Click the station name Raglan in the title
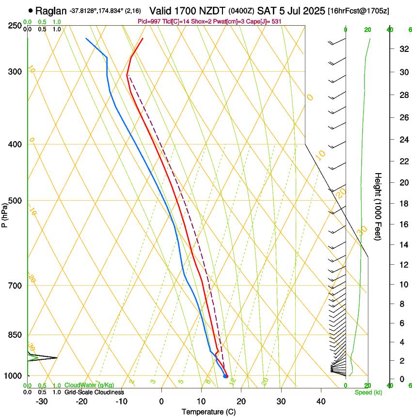[51, 10]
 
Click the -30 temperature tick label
[42, 401]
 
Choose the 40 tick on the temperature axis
[320, 401]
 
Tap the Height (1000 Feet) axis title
[378, 206]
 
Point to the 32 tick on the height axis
[403, 49]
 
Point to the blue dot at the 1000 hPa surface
[225, 376]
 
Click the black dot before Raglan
[31, 10]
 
